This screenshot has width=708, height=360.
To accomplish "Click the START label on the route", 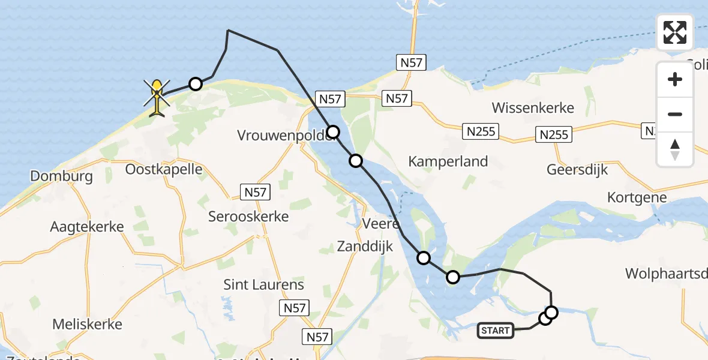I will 496,330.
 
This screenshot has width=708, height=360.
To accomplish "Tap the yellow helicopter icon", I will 157,98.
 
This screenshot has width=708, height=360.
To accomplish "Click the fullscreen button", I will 675,32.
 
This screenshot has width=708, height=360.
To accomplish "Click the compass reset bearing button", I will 675,149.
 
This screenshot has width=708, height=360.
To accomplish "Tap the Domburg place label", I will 62,176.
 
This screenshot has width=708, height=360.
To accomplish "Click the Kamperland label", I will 448,161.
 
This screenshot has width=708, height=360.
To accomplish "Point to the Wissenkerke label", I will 533,108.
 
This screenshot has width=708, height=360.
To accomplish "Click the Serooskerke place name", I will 248,216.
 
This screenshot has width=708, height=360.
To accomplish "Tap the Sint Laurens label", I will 263,284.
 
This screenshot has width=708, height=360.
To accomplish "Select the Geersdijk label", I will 577,170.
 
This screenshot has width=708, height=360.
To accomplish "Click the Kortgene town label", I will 637,197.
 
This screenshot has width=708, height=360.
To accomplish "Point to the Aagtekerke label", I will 87,227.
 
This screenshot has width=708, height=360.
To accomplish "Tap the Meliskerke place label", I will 87,324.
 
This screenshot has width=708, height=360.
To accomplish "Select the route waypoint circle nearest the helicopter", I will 195,84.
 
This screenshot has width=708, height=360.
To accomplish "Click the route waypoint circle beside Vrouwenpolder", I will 333,131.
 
